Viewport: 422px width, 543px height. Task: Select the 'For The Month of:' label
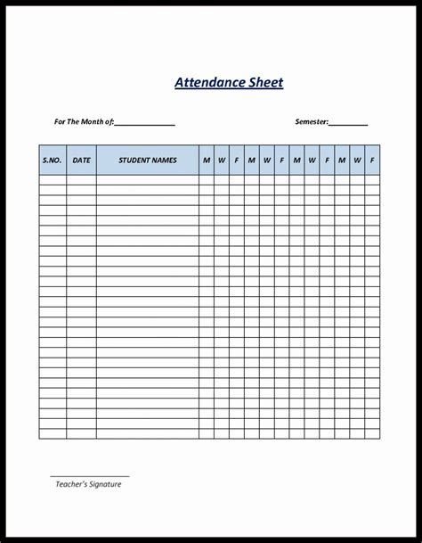pyautogui.click(x=84, y=121)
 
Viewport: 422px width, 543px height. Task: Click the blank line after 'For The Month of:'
pyautogui.click(x=144, y=123)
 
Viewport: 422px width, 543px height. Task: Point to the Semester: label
pyautogui.click(x=312, y=121)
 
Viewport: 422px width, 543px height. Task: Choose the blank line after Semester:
pyautogui.click(x=349, y=123)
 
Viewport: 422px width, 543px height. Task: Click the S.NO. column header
pyautogui.click(x=53, y=160)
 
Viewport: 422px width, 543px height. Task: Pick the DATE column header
pyautogui.click(x=82, y=160)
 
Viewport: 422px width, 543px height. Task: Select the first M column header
pyautogui.click(x=207, y=160)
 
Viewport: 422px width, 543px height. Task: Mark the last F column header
pyautogui.click(x=372, y=160)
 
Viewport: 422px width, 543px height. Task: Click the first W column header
pyautogui.click(x=222, y=160)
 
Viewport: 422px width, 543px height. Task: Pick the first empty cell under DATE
pyautogui.click(x=82, y=179)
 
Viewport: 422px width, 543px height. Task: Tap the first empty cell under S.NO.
pyautogui.click(x=53, y=179)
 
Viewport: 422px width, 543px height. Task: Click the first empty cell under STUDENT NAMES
pyautogui.click(x=148, y=179)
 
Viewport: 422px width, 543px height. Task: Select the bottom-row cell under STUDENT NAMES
pyautogui.click(x=148, y=434)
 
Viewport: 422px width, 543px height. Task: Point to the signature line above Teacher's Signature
pyautogui.click(x=89, y=475)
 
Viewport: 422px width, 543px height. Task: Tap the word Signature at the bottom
pyautogui.click(x=106, y=484)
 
